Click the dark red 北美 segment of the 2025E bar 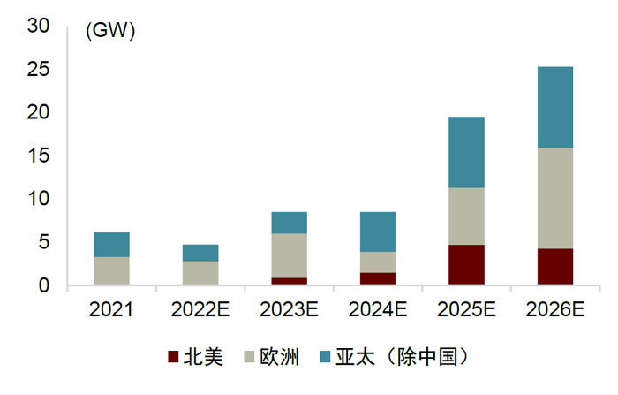pyautogui.click(x=466, y=264)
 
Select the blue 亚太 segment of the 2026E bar pyautogui.click(x=555, y=107)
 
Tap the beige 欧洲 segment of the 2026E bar pyautogui.click(x=555, y=198)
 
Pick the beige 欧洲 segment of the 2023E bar pyautogui.click(x=289, y=255)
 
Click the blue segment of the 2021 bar pyautogui.click(x=111, y=245)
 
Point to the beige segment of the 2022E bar pyautogui.click(x=200, y=272)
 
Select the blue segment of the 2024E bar pyautogui.click(x=378, y=232)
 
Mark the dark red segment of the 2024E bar pyautogui.click(x=378, y=278)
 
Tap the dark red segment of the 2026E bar pyautogui.click(x=555, y=267)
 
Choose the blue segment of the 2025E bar pyautogui.click(x=466, y=152)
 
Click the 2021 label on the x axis pyautogui.click(x=111, y=309)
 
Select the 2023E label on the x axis pyautogui.click(x=289, y=309)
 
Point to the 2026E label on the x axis pyautogui.click(x=555, y=309)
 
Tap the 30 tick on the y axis pyautogui.click(x=38, y=27)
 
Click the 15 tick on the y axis pyautogui.click(x=38, y=156)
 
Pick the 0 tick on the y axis pyautogui.click(x=43, y=285)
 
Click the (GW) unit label pyautogui.click(x=109, y=32)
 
